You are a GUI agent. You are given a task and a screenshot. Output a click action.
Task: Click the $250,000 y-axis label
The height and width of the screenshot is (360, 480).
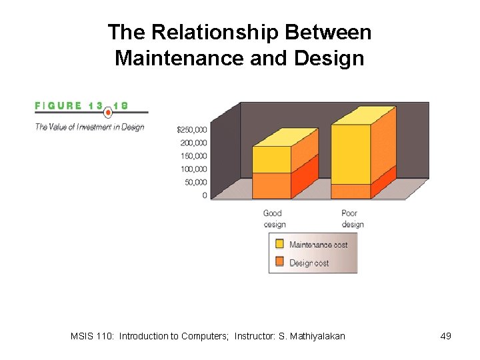pyautogui.click(x=191, y=129)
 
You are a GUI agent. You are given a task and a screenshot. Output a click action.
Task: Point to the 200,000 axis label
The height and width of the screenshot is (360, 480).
pyautogui.click(x=193, y=143)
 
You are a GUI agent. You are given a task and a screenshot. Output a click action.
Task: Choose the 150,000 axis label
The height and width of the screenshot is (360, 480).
pyautogui.click(x=193, y=156)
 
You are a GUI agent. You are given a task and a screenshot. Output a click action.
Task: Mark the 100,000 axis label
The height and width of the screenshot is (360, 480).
pyautogui.click(x=193, y=169)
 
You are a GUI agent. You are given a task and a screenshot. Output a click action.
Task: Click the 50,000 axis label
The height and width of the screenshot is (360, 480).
pyautogui.click(x=195, y=182)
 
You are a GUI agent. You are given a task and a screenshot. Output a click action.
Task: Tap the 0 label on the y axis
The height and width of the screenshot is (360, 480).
pyautogui.click(x=204, y=195)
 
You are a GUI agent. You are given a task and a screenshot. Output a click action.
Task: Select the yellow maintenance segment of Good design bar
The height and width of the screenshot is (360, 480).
pyautogui.click(x=271, y=160)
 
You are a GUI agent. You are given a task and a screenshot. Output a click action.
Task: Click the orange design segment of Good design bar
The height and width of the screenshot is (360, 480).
pyautogui.click(x=271, y=185)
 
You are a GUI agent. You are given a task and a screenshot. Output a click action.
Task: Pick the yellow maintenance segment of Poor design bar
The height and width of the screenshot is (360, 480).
pyautogui.click(x=350, y=154)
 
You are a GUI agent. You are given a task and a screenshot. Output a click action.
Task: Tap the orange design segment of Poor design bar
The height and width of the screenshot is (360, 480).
pyautogui.click(x=350, y=191)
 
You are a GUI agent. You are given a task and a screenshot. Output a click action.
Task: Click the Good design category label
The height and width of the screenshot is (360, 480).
pyautogui.click(x=274, y=219)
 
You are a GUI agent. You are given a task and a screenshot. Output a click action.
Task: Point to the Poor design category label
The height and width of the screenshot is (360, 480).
pyautogui.click(x=352, y=219)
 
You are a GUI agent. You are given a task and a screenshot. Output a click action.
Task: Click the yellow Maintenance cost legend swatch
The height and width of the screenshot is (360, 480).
pyautogui.click(x=279, y=245)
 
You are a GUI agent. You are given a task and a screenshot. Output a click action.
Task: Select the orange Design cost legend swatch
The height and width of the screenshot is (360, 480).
pyautogui.click(x=279, y=263)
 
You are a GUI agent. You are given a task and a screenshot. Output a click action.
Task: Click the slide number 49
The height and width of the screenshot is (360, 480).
pyautogui.click(x=446, y=336)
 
